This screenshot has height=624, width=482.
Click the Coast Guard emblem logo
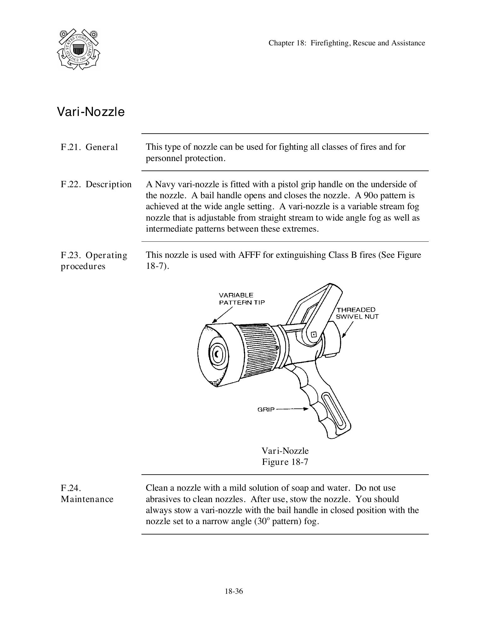tap(78, 49)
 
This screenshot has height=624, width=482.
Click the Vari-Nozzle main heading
tap(91, 112)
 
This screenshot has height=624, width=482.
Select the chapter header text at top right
tap(347, 43)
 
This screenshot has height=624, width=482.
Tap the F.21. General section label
tap(89, 147)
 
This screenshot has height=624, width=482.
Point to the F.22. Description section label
tap(96, 184)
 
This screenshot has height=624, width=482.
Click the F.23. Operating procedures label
tap(94, 261)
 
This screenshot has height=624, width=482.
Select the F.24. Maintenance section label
tap(87, 494)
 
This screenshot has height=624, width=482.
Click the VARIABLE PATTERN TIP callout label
tap(242, 299)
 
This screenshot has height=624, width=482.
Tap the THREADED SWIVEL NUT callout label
tap(357, 313)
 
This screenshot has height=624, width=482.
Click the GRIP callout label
tap(266, 409)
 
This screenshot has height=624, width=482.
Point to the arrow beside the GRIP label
tap(292, 409)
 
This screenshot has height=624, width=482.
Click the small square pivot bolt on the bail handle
tap(314, 334)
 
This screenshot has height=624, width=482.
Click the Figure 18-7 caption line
tap(285, 462)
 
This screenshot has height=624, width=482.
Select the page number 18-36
tap(234, 591)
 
